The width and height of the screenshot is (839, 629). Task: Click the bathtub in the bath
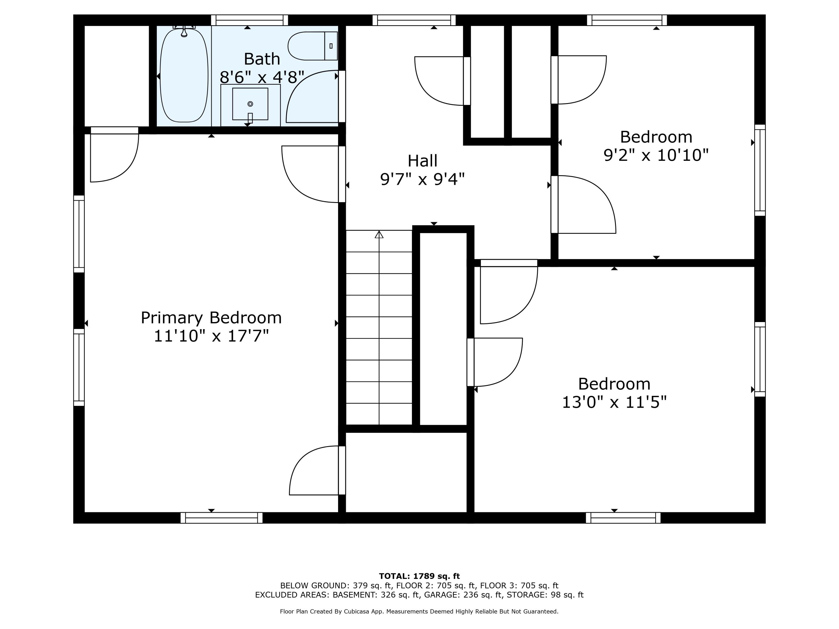click(184, 75)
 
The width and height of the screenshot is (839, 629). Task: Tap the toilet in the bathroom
click(313, 46)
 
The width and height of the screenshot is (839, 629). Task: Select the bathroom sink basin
click(250, 104)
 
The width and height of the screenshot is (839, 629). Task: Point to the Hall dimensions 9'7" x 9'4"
click(423, 179)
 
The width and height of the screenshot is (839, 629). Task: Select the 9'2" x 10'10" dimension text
click(656, 155)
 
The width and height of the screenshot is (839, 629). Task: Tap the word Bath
click(262, 59)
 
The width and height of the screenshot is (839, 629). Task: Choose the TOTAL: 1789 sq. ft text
click(419, 576)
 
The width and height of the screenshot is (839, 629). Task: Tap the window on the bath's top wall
click(249, 20)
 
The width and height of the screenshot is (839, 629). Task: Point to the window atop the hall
click(414, 20)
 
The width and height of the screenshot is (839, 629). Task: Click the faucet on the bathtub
click(184, 31)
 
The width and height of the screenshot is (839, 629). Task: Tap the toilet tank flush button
click(331, 46)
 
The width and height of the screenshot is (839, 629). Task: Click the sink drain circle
click(250, 104)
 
